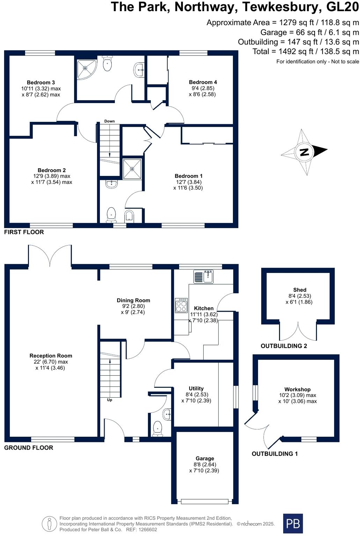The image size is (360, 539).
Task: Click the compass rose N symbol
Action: [304, 152]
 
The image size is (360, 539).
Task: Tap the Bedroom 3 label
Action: [41, 83]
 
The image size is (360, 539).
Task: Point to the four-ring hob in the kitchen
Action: [181, 305]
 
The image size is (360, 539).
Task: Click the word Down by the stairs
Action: [109, 121]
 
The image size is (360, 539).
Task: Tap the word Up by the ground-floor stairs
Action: [110, 400]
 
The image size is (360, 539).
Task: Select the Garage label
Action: [205, 458]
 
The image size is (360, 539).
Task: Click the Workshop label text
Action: [297, 389]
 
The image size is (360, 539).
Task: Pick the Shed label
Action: [300, 290]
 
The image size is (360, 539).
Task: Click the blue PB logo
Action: [293, 523]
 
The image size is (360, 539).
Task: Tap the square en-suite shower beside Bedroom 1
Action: [132, 169]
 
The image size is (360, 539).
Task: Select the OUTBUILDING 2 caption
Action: [284, 346]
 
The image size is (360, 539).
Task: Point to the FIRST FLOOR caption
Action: [24, 232]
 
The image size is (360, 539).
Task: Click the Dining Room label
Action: [133, 300]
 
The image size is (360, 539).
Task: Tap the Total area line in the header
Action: [306, 52]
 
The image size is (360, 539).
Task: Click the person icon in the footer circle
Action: [50, 524]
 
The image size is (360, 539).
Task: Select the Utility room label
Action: [196, 389]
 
